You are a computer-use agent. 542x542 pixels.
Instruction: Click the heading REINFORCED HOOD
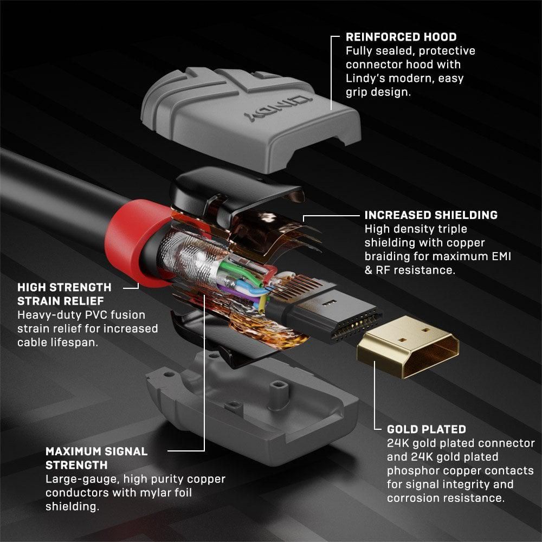(401, 37)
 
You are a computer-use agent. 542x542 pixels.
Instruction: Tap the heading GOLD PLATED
(426, 429)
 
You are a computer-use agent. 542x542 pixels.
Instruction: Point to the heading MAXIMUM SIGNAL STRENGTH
(96, 458)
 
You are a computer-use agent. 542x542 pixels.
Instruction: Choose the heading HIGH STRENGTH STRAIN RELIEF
(64, 293)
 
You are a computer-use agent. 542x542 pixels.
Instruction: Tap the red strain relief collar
(127, 238)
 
